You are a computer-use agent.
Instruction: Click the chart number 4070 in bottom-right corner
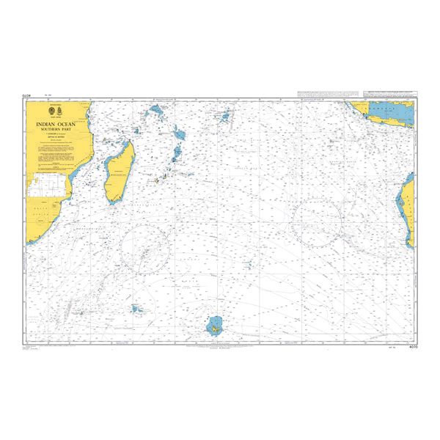tap(408, 345)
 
